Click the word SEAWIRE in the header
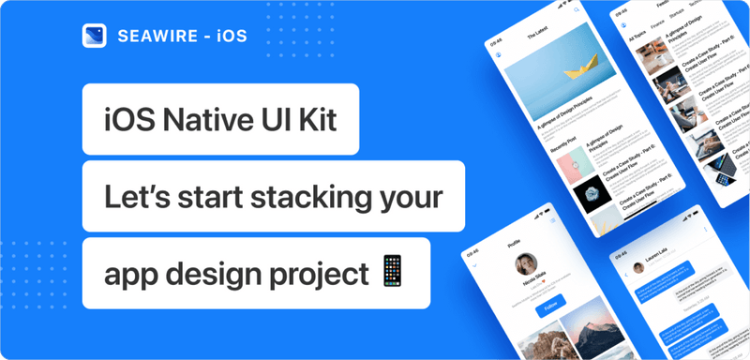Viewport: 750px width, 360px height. coord(153,36)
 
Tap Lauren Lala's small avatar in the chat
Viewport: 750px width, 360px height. coord(637,267)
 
